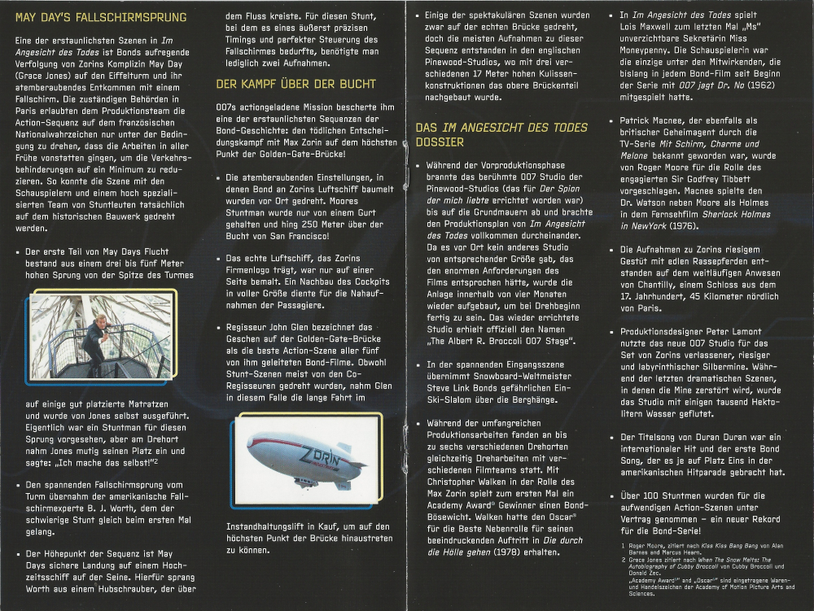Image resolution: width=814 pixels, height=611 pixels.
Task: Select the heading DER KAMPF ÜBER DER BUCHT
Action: tap(295, 84)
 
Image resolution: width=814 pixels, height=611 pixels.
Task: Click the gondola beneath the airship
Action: tap(305, 482)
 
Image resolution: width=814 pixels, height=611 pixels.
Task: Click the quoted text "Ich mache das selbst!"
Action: tap(103, 462)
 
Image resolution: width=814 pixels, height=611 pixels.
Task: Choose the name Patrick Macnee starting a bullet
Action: tap(659, 120)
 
